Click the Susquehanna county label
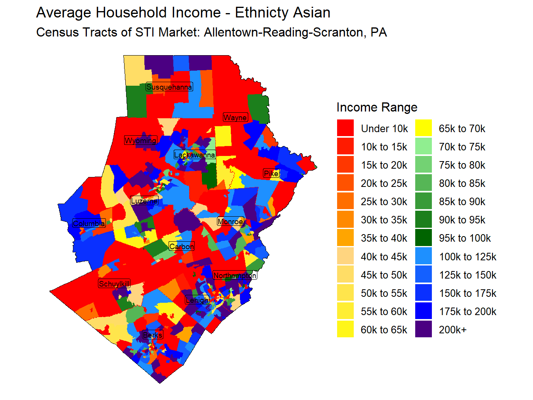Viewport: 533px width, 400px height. [x=169, y=87]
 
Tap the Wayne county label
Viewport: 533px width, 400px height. [x=235, y=117]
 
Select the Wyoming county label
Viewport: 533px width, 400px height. [x=141, y=140]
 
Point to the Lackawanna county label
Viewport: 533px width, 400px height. [x=195, y=155]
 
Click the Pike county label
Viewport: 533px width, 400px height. [x=271, y=173]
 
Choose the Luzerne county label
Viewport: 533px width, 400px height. [x=144, y=201]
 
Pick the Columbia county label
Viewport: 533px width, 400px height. [x=89, y=223]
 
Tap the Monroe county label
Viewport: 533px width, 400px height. [x=230, y=221]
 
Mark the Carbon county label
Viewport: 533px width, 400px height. [x=182, y=246]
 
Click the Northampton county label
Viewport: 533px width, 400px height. [x=235, y=275]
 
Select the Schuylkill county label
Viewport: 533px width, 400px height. [x=114, y=284]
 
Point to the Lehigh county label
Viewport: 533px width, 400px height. [x=197, y=300]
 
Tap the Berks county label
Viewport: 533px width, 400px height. [x=153, y=335]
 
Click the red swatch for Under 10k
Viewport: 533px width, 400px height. [x=345, y=128]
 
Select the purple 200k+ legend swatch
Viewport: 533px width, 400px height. [x=424, y=329]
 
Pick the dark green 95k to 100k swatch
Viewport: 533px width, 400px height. [x=424, y=238]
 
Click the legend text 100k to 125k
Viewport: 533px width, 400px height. [x=468, y=257]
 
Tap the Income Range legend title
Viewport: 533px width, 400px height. [x=377, y=107]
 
